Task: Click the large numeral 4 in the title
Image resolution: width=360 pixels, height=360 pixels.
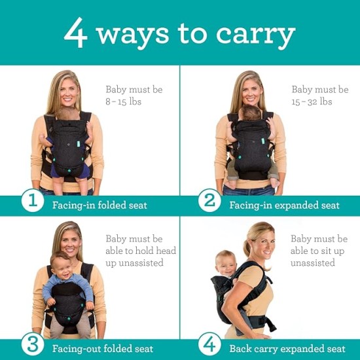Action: (x=76, y=33)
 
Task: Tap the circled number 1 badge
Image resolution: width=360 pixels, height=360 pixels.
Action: (x=32, y=202)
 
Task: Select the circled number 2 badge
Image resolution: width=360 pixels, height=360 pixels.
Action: (x=209, y=202)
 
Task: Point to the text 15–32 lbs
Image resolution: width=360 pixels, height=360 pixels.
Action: (x=312, y=102)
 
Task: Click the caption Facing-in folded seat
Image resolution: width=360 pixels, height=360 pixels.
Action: (x=99, y=206)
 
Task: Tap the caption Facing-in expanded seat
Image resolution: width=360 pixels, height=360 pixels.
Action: (x=284, y=206)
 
